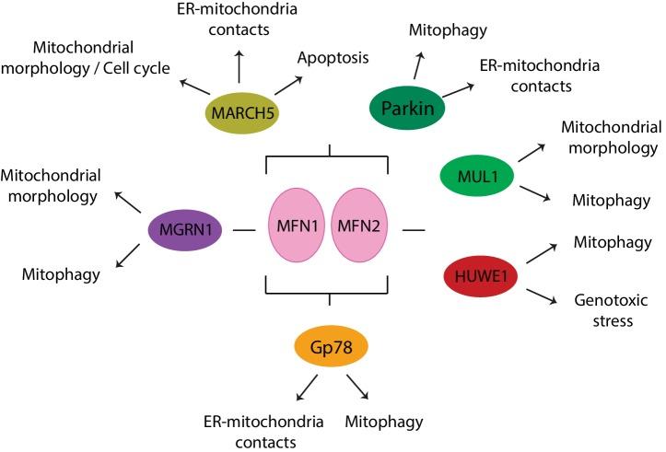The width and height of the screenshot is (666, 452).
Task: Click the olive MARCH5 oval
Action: click(x=242, y=114)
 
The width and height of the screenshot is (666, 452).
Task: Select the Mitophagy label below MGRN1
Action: click(x=61, y=272)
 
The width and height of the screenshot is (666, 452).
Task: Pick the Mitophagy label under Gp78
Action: click(x=384, y=422)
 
